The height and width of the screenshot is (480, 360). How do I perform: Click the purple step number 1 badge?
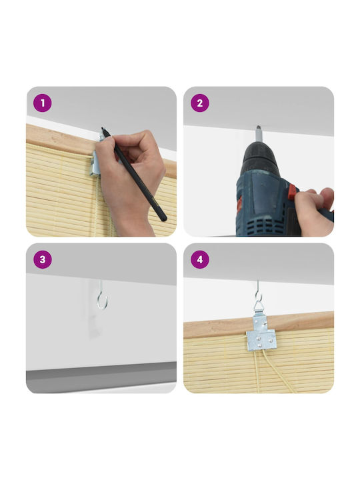(43, 103)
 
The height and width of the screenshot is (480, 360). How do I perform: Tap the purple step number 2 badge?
(200, 103)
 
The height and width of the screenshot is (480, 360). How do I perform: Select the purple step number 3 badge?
(43, 259)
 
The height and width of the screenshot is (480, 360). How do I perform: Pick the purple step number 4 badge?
(200, 259)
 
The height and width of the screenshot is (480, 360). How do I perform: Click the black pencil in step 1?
(134, 174)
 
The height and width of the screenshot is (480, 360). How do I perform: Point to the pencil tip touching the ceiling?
(102, 129)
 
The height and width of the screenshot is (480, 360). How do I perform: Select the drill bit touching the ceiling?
(259, 134)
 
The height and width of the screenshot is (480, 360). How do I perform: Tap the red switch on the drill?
(292, 191)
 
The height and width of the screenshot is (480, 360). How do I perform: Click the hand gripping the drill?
(314, 211)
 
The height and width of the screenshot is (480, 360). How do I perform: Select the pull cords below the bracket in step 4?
(269, 371)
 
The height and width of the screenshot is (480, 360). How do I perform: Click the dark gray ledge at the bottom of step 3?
(101, 377)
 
